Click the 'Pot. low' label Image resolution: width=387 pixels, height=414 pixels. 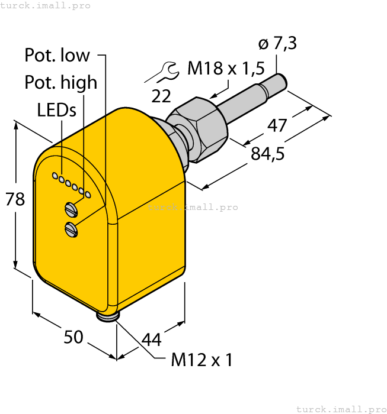(x=57, y=56)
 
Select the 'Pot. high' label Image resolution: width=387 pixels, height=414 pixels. (x=60, y=83)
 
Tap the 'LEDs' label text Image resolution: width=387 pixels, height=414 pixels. (x=57, y=110)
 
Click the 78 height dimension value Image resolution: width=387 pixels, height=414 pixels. (x=15, y=199)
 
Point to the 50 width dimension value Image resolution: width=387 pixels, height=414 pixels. (x=73, y=337)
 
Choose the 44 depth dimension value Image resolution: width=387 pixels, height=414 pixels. (x=151, y=339)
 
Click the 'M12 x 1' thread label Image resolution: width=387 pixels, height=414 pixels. (x=202, y=360)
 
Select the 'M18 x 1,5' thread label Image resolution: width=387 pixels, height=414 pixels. (x=226, y=69)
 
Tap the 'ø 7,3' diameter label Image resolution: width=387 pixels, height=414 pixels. (x=278, y=44)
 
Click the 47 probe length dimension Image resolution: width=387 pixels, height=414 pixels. (x=277, y=125)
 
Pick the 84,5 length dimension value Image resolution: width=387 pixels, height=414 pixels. (x=268, y=154)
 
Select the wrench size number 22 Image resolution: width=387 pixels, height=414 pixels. (x=161, y=96)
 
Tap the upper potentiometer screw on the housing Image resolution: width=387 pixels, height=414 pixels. (x=71, y=208)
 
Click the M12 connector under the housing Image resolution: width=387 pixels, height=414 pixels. (x=108, y=316)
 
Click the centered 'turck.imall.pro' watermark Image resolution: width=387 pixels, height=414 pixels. (x=193, y=207)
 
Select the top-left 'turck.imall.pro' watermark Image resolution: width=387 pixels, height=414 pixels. (x=46, y=5)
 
